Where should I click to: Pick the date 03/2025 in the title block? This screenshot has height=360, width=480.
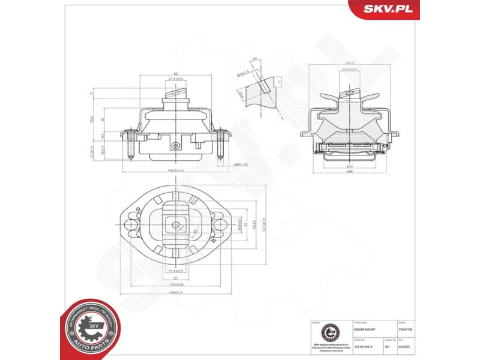[x=398, y=346]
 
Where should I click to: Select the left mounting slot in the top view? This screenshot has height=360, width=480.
[x=130, y=226]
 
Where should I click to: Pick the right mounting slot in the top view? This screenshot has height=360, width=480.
[x=220, y=226]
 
